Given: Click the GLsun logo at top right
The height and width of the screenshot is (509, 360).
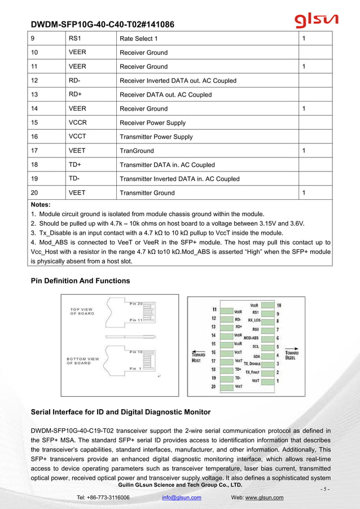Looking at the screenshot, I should (316, 20).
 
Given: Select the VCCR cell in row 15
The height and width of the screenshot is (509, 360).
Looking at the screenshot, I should (78, 122).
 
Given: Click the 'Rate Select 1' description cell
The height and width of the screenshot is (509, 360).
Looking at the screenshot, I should (139, 38).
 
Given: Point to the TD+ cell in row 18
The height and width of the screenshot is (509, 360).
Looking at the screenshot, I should (75, 165).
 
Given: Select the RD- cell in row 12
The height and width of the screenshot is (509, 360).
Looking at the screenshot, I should (74, 80).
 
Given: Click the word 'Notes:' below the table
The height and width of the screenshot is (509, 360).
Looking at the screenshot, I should (41, 204).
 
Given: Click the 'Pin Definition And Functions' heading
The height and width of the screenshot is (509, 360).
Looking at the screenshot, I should (80, 280).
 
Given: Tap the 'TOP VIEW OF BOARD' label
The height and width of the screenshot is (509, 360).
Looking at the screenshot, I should (83, 311).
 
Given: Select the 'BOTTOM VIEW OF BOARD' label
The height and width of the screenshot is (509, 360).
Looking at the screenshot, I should (84, 361).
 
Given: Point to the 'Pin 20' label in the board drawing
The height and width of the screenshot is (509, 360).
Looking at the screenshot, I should (137, 304).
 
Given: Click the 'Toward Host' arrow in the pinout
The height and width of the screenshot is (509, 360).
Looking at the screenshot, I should (198, 353).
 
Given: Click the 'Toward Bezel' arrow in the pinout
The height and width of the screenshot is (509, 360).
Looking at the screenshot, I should (292, 353).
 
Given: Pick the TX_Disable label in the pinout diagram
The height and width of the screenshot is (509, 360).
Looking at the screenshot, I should (252, 363).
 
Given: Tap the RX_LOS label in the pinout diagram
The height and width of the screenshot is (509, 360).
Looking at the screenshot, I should (253, 320).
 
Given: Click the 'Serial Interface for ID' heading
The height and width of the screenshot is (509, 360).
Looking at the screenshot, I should (120, 412).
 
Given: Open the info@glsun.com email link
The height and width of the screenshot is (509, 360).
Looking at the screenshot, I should (181, 497).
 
